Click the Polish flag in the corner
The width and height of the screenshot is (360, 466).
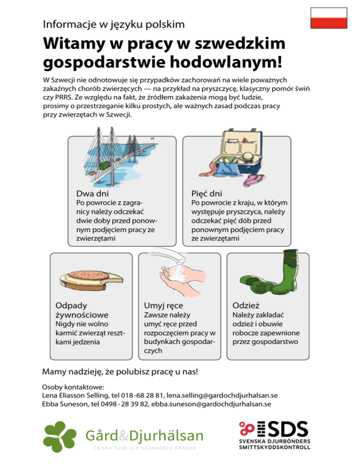330,19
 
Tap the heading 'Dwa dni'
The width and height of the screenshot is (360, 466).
92,193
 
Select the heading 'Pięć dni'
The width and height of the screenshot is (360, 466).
207,193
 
